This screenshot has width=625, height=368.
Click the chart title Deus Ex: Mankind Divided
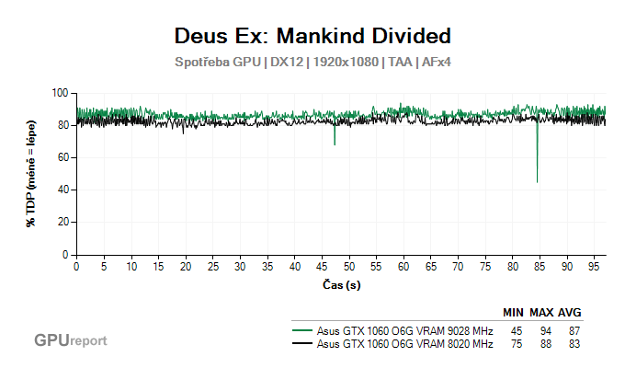coord(312,37)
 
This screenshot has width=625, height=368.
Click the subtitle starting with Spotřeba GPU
coord(312,63)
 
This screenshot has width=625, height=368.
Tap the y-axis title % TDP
coord(31,173)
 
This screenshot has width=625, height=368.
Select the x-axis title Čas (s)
coord(341,286)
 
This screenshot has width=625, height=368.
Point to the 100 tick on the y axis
coord(62,93)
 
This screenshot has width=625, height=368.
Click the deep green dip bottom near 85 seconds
coord(537,181)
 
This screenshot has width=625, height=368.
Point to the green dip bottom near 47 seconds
coord(335,144)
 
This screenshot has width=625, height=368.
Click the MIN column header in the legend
coord(514,313)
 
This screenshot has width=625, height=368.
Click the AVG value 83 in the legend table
coord(573,344)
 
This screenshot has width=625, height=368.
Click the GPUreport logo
coord(71,340)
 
